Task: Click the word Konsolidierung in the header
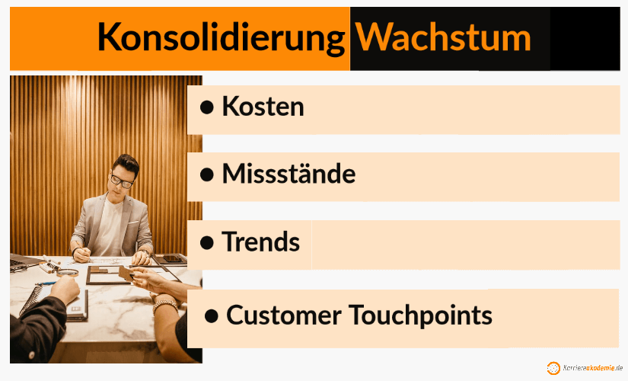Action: click(221, 37)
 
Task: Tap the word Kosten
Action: click(263, 107)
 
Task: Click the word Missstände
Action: click(288, 174)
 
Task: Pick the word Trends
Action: click(260, 242)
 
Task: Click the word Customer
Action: click(282, 314)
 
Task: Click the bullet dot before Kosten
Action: click(206, 107)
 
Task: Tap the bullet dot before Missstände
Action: click(206, 174)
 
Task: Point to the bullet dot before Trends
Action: click(206, 242)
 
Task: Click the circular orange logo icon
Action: click(553, 368)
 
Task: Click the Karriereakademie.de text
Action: click(593, 368)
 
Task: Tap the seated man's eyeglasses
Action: click(121, 181)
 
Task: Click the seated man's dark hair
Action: click(125, 164)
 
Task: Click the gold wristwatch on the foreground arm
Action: click(164, 306)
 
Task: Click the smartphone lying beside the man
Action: click(173, 258)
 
